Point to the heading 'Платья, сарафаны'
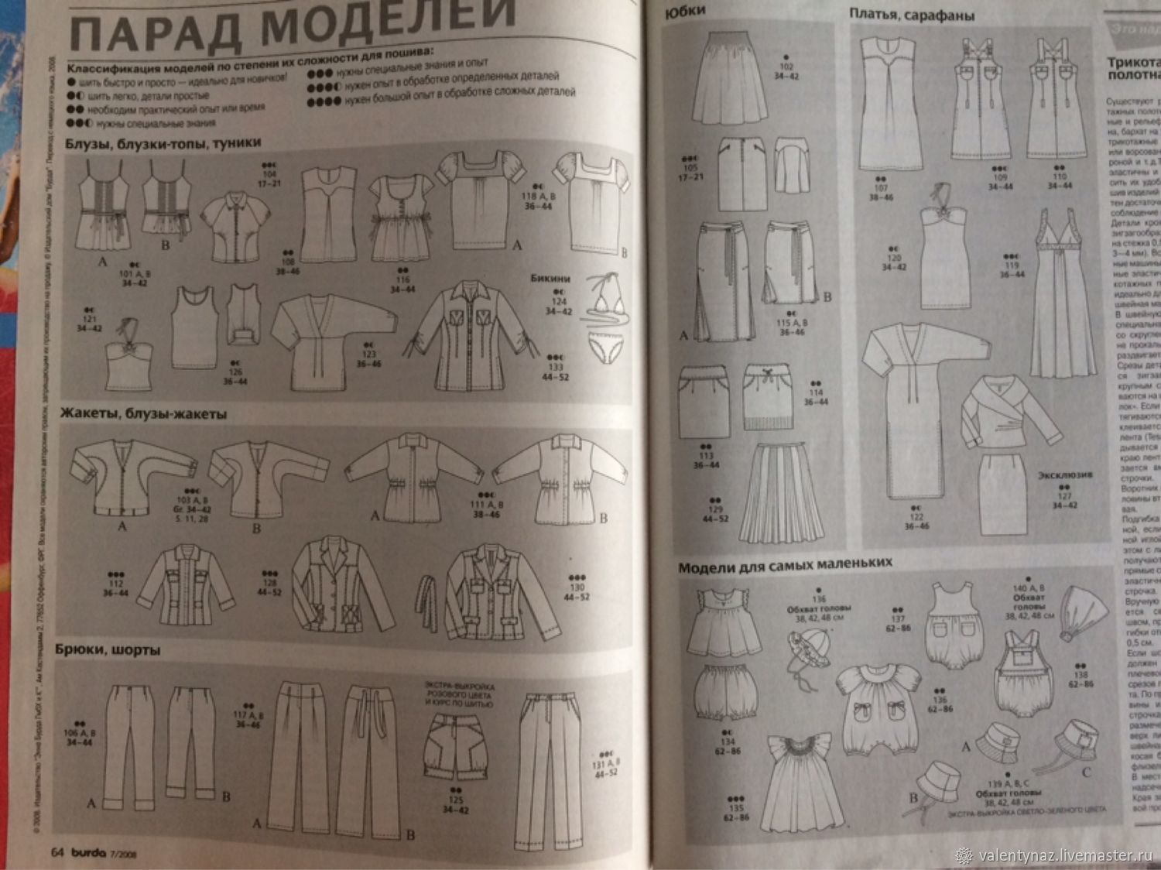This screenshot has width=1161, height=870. pos(911,14)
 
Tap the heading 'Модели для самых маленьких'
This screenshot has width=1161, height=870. pos(785,564)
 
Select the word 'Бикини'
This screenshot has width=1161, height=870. pos(550,277)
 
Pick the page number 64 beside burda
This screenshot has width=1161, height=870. pos(57,852)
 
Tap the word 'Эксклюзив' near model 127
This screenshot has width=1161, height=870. pos(1065,474)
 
